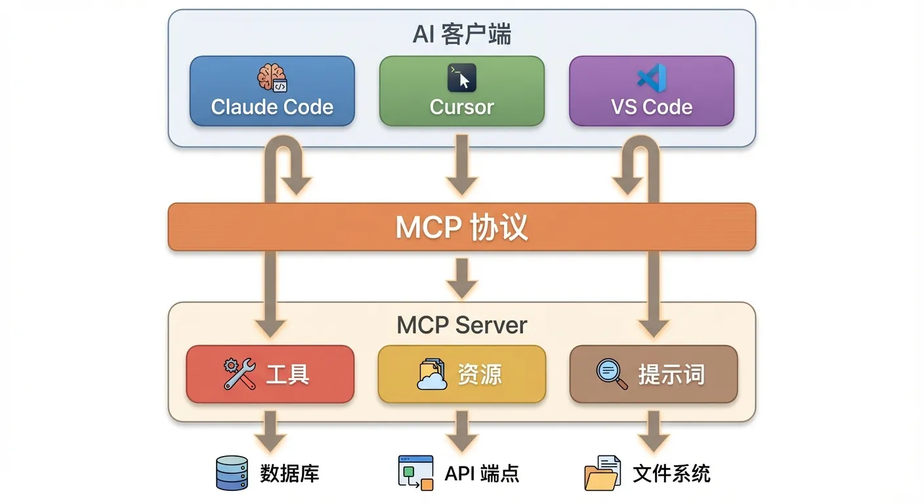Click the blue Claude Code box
[x=272, y=91]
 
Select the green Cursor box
[x=461, y=91]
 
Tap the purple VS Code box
[x=651, y=91]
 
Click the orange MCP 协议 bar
[x=461, y=227]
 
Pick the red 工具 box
[x=270, y=374]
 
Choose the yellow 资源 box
[x=461, y=374]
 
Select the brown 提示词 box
[x=653, y=374]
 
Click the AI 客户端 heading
[x=461, y=34]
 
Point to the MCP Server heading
[x=461, y=325]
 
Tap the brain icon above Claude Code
[x=272, y=77]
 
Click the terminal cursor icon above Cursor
[x=461, y=77]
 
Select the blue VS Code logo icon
[x=652, y=77]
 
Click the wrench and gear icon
[x=239, y=374]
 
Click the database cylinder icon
[x=232, y=473]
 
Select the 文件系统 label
[x=671, y=473]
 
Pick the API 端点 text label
[x=482, y=473]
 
